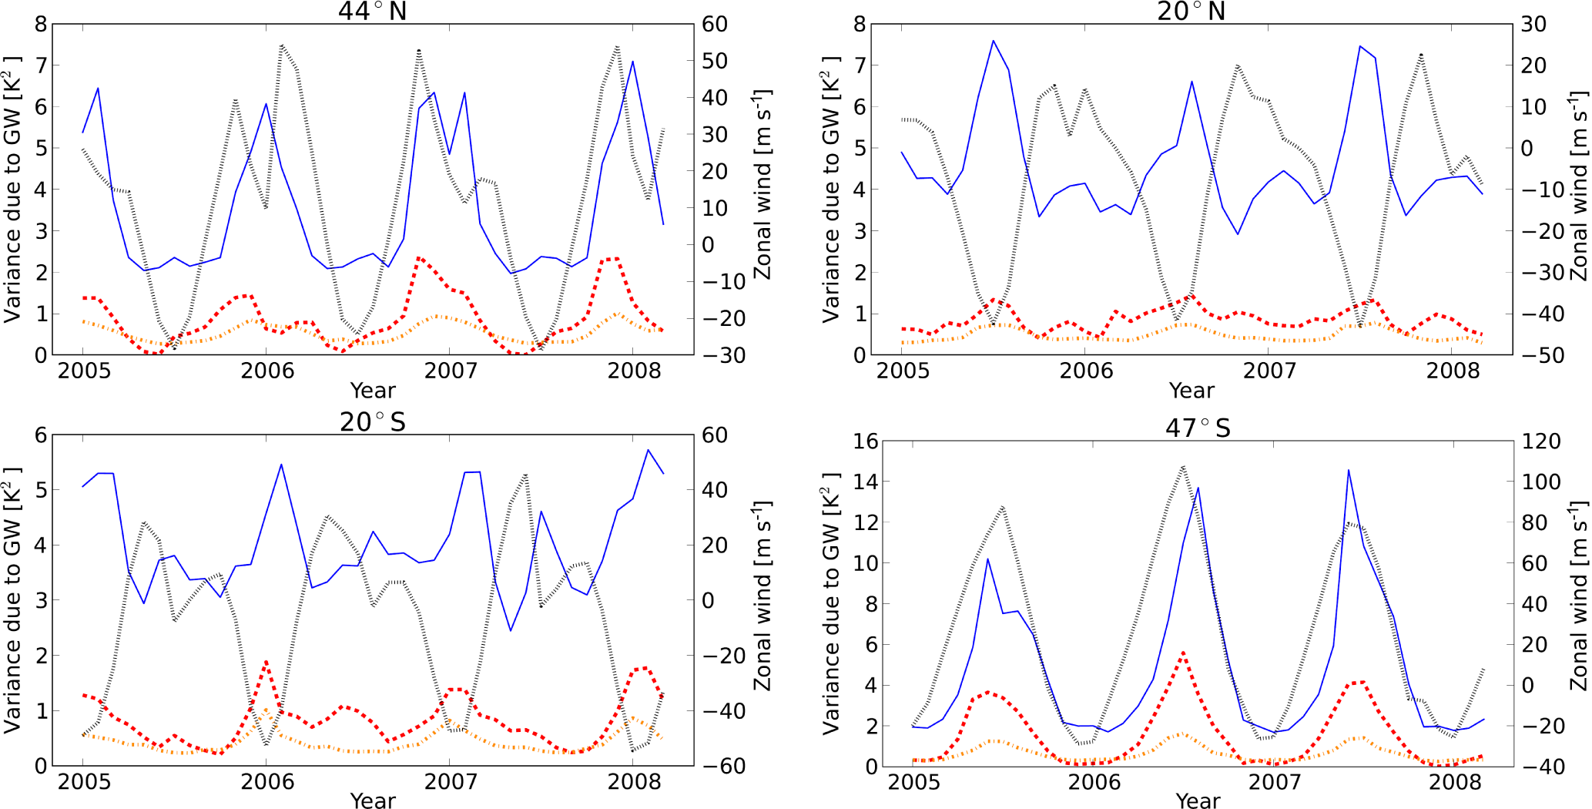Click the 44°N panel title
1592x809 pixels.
373,11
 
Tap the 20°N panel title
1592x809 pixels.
1191,11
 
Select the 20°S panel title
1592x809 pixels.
373,421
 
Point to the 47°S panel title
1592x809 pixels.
1198,428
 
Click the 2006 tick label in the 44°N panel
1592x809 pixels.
267,371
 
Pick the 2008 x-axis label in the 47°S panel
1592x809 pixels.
1455,782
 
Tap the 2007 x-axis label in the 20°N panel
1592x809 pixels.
1269,371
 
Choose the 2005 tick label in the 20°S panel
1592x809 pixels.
84,781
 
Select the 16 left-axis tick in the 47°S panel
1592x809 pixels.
865,441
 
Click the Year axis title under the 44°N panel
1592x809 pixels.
373,390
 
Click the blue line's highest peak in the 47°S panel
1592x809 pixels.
1348,470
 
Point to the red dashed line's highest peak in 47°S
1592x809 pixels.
1183,653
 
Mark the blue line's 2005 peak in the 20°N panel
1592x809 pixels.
993,41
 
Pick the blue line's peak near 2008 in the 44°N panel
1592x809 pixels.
632,62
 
